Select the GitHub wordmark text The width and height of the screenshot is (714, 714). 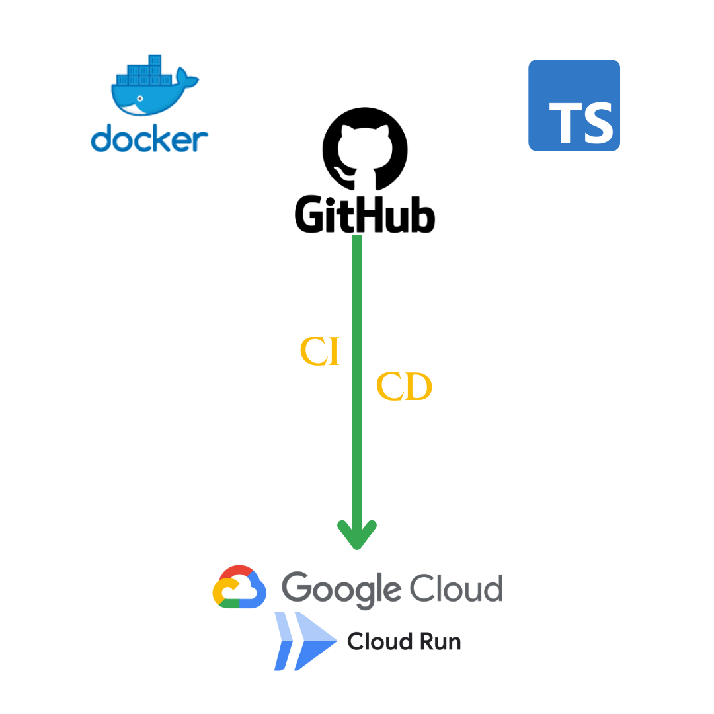point(365,213)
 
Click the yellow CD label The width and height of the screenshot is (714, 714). point(404,387)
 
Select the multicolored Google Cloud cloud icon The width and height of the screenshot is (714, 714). point(239,587)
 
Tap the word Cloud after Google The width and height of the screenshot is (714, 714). point(456,587)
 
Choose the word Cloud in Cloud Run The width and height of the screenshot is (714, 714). point(376,641)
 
